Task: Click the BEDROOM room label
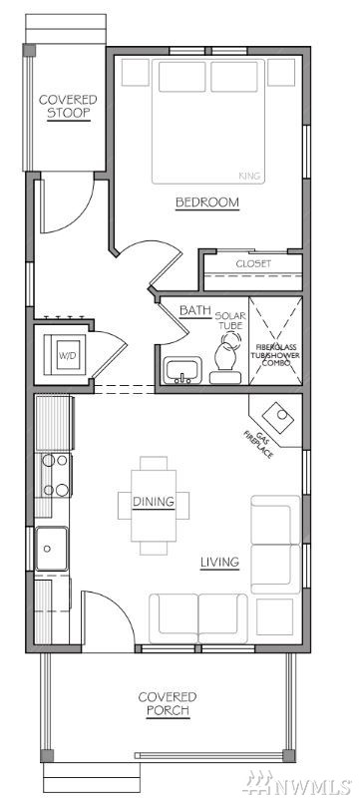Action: coord(207,202)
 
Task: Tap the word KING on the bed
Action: coord(249,176)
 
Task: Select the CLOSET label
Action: coord(253,264)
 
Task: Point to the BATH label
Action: coord(188,309)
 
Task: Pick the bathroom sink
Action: coord(182,370)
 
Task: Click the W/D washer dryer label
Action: coord(67,355)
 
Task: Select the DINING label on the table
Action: coord(154,502)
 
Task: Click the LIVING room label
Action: coord(219,563)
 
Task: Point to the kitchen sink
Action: coord(51,549)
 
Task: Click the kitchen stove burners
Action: coord(56,475)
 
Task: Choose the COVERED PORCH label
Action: coord(168,703)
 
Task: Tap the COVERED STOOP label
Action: coord(68,106)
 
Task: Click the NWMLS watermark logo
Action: coord(298,781)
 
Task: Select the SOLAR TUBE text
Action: coord(228,320)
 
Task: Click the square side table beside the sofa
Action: coord(274,616)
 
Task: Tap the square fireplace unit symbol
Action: coord(278,417)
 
